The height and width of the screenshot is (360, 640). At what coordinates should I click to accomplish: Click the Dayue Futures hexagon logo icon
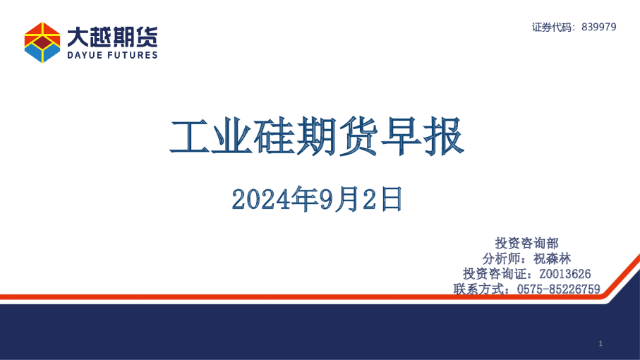(42, 42)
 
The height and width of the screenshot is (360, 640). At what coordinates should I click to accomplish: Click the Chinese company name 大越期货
(112, 35)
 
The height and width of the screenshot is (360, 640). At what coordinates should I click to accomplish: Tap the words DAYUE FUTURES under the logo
(112, 55)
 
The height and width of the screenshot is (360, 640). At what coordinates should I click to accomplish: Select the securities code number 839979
(600, 27)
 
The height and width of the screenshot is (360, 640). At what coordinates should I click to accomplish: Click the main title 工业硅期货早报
(317, 136)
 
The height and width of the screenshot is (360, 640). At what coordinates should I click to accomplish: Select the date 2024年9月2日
(317, 200)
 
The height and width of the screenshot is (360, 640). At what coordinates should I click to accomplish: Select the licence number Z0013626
(564, 274)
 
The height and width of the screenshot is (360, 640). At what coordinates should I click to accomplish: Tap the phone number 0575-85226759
(558, 289)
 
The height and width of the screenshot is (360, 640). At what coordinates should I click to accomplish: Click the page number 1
(600, 343)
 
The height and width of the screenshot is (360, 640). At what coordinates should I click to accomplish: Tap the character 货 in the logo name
(147, 35)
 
